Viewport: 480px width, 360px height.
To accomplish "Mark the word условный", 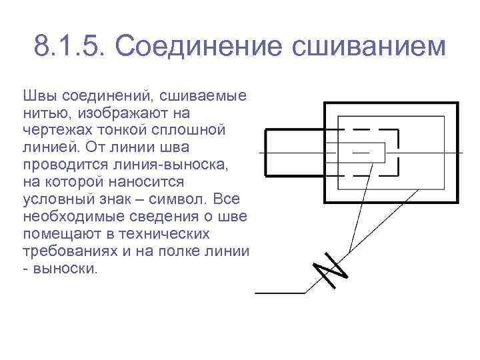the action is pos(53,200).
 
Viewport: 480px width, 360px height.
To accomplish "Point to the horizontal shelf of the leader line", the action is pos(280,292).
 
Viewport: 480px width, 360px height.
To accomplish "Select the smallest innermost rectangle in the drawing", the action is pos(368,153).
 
